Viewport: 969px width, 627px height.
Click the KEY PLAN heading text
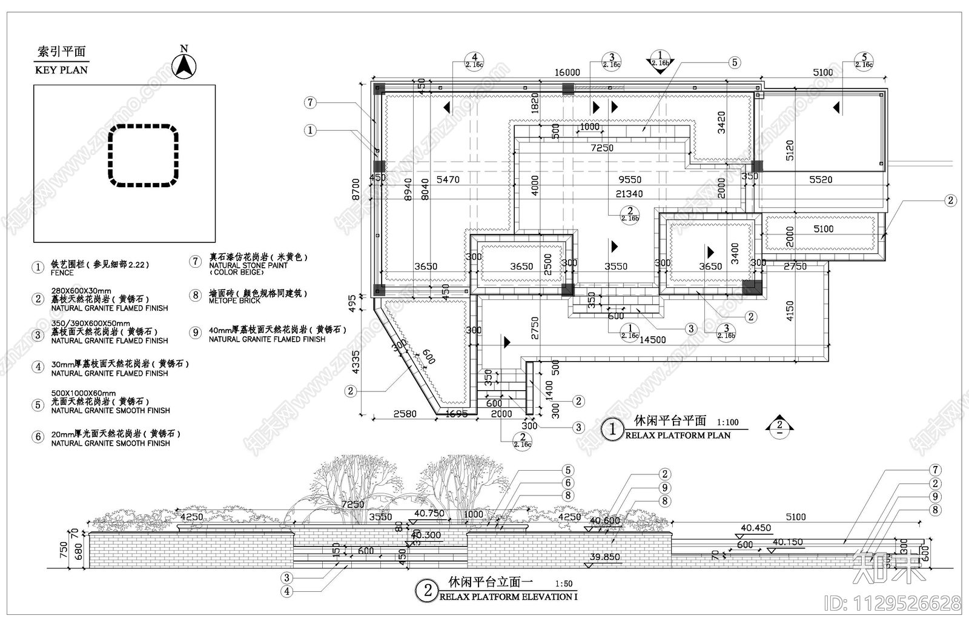point(61,70)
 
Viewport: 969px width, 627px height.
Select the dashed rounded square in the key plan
point(144,155)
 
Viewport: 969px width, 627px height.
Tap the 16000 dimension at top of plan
point(567,73)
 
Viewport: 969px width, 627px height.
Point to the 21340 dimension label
point(629,194)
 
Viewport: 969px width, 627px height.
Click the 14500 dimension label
point(652,340)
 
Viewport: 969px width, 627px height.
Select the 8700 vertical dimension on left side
point(356,189)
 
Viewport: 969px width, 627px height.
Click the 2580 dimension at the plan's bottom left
point(405,414)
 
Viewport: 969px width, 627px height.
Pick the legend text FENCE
point(62,273)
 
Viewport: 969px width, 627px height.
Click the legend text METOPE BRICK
point(234,301)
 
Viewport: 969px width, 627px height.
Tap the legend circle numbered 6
point(38,437)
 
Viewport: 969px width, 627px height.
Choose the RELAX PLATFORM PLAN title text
point(678,436)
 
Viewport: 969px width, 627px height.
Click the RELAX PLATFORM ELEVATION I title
point(508,597)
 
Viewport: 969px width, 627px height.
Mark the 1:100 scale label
point(727,422)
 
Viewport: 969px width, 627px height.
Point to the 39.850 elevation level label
point(604,557)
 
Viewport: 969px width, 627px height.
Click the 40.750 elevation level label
point(429,514)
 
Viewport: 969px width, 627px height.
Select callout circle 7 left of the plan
point(310,102)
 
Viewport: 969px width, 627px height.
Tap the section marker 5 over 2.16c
point(864,61)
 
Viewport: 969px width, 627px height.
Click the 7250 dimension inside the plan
point(602,148)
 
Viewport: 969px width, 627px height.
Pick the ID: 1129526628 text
point(892,603)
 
